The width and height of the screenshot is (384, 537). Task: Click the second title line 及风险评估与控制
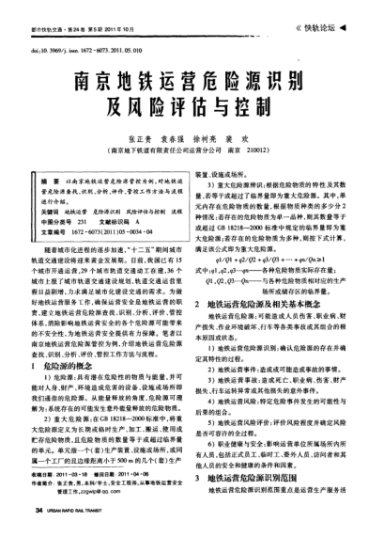(192, 103)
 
